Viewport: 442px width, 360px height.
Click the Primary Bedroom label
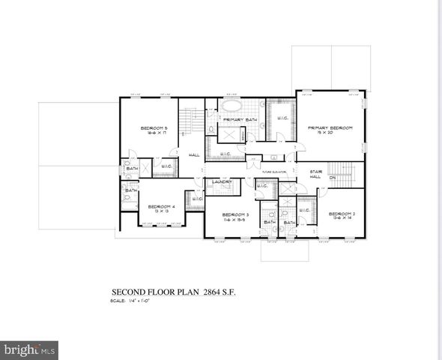(x=330, y=128)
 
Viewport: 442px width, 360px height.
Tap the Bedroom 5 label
(x=154, y=128)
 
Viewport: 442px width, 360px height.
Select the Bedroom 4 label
(x=161, y=206)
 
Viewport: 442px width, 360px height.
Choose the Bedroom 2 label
(x=341, y=214)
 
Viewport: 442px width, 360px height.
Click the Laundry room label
(x=221, y=181)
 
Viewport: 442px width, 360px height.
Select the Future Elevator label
(x=274, y=172)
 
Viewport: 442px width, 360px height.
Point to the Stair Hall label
(x=315, y=174)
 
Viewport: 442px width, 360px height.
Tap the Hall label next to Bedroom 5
(x=193, y=154)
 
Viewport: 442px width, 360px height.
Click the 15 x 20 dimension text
(x=330, y=133)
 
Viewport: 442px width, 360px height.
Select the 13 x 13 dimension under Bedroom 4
(x=161, y=211)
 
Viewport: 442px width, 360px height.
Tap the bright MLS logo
(x=29, y=349)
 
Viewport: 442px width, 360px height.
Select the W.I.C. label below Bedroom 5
(x=166, y=166)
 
